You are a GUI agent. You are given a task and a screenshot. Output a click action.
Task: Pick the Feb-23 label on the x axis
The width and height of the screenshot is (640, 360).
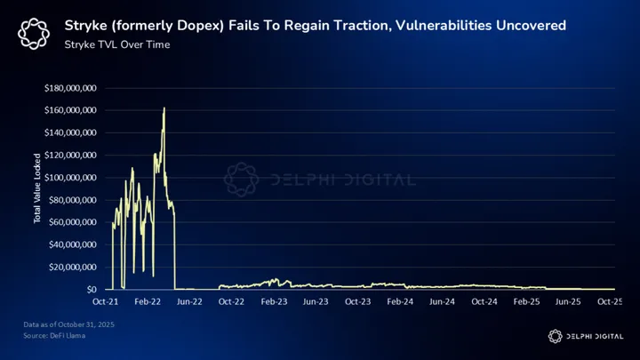276,302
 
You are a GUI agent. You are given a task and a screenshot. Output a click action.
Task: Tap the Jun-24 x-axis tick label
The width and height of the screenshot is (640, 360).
444,302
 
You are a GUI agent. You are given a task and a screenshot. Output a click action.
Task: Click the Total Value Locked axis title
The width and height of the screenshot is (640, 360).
38,188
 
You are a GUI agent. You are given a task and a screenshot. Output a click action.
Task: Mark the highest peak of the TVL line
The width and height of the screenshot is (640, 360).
164,108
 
